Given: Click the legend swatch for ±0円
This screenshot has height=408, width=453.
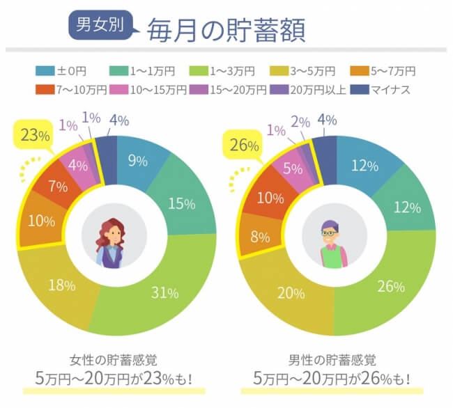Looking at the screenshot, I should pos(43,71).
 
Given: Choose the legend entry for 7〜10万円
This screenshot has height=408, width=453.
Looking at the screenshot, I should pos(71,89).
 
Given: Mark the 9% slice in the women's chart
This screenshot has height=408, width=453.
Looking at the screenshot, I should pos(137,162).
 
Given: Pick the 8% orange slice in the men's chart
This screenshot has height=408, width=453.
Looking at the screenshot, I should pos(261,236).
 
